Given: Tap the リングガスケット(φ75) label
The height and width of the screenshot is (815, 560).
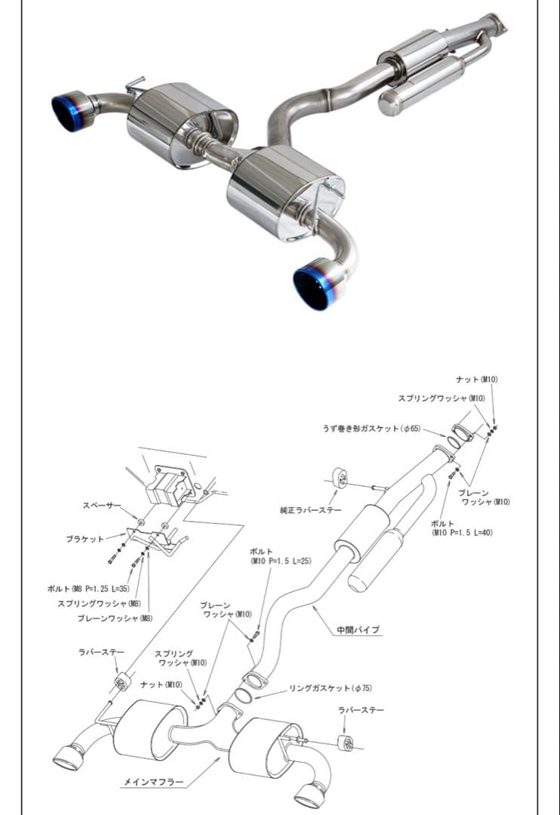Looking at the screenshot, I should click(331, 688).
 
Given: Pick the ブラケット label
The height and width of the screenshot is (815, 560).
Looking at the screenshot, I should click(85, 540).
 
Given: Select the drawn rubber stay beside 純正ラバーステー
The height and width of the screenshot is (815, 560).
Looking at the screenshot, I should click(339, 478).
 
